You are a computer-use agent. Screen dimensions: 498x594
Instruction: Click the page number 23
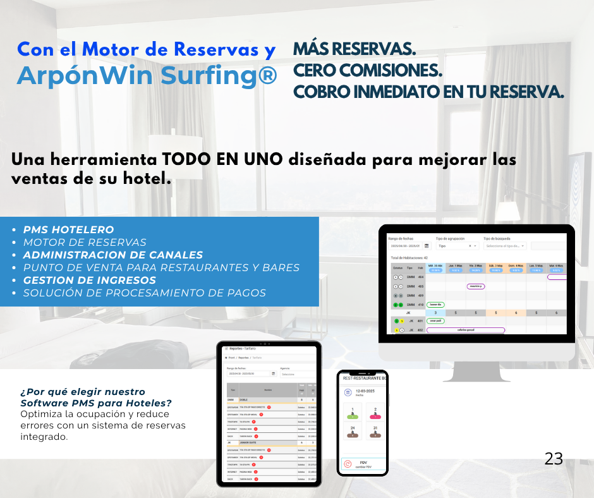[x=554, y=459]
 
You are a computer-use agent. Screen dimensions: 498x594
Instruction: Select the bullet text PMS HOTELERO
[x=68, y=230]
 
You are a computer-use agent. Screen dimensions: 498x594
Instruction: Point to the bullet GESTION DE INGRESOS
[x=89, y=280]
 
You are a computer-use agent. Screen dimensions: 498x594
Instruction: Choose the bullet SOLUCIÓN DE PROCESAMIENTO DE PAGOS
[x=144, y=293]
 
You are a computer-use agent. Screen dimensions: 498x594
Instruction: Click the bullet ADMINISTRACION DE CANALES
[x=112, y=255]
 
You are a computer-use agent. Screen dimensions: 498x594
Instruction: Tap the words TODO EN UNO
[x=222, y=159]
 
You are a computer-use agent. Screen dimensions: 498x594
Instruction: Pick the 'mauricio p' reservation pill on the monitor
[x=476, y=286]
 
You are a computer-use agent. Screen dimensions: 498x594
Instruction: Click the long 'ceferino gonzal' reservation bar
[x=466, y=330]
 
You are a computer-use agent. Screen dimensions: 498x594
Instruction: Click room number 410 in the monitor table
[x=420, y=305]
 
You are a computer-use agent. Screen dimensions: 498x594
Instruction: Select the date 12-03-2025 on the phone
[x=366, y=391]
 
